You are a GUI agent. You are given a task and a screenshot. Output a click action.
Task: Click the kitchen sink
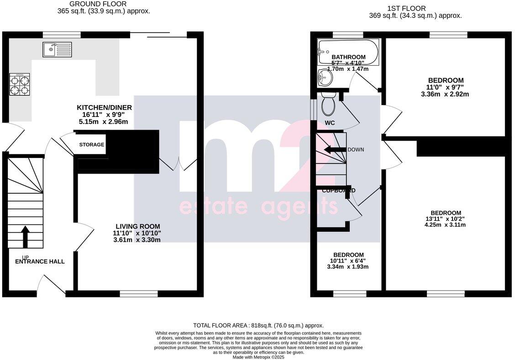pos(57,49)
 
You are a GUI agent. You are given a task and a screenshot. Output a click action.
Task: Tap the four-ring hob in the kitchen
pos(20,85)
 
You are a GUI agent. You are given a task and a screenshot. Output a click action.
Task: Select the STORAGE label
pos(92,145)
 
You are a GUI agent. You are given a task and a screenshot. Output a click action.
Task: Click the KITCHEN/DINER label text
pos(104,108)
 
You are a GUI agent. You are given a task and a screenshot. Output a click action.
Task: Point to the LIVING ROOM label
pos(137,227)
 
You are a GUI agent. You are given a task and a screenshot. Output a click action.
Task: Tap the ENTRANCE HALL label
pos(40,262)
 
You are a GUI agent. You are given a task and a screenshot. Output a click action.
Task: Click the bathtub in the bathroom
pos(348,52)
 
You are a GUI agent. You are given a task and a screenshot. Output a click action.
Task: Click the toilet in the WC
pos(328,104)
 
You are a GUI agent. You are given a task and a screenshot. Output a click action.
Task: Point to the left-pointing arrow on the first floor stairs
pos(334,150)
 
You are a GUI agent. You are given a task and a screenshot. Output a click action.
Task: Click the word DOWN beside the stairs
pos(356,150)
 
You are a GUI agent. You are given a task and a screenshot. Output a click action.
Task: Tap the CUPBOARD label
pos(339,191)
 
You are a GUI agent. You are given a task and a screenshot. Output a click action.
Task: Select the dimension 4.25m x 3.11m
pos(446,225)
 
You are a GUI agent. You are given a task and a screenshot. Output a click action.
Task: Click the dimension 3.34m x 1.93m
pos(348,267)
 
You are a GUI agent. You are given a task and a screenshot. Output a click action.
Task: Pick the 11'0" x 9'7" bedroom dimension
pos(446,88)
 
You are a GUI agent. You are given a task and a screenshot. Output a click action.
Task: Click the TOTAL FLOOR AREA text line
pos(258,326)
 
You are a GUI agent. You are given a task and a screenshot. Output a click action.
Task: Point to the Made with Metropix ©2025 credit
pos(258,357)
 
